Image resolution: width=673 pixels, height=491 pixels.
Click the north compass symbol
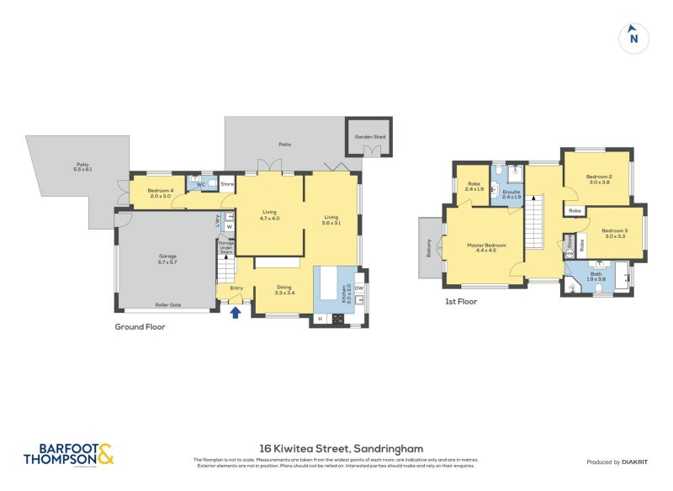point(633,37)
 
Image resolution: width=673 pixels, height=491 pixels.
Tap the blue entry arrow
point(236,313)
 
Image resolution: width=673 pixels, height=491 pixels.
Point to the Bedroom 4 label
point(160,193)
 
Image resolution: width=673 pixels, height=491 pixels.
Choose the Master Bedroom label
point(486,247)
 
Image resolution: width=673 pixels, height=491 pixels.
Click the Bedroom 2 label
point(599,179)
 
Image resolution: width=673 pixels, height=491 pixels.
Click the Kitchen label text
point(343,293)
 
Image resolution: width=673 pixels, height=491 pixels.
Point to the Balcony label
point(429,247)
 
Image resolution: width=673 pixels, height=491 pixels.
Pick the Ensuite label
point(511,193)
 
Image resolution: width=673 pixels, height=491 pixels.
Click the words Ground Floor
point(140,327)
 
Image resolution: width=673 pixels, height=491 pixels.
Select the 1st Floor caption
point(461,300)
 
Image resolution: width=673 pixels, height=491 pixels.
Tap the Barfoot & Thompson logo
point(68,454)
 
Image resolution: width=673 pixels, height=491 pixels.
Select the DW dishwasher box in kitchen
point(358,288)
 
